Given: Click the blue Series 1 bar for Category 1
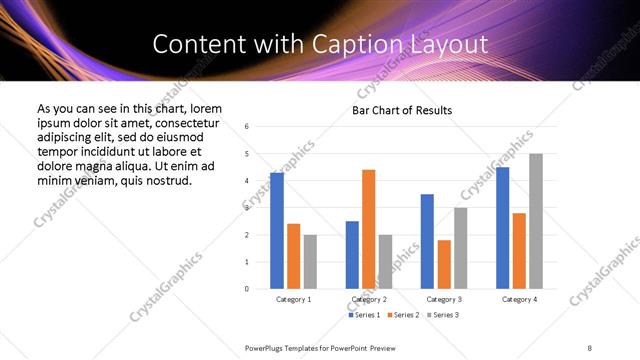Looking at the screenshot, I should click(277, 231).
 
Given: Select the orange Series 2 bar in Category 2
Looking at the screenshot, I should click(369, 229).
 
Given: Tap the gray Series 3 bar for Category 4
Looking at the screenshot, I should click(536, 221).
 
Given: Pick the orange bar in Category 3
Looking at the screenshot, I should click(444, 264).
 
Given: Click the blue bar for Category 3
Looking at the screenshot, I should click(427, 241).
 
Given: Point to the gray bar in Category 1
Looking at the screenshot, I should click(310, 262).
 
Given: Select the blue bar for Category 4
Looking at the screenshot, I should click(502, 228).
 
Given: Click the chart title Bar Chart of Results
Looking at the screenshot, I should click(402, 110).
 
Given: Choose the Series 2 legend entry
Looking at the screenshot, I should click(402, 315).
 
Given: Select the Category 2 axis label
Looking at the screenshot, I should click(369, 299).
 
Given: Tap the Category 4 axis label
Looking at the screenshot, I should click(519, 299).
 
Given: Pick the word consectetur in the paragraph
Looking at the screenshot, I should click(184, 122).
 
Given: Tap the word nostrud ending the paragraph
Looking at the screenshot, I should click(167, 180).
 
